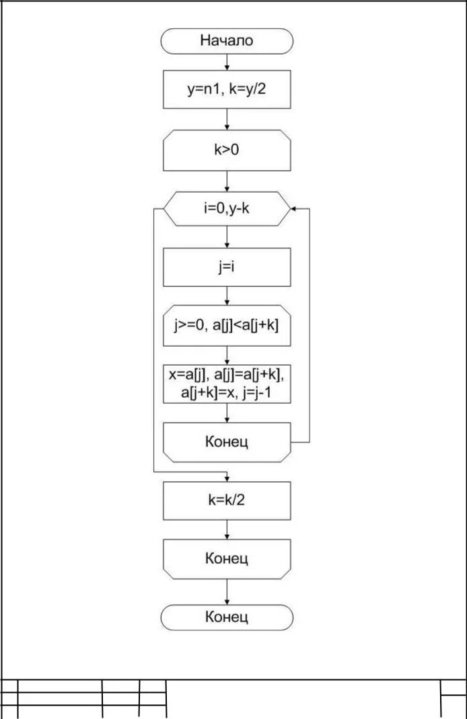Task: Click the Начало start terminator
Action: [x=227, y=40]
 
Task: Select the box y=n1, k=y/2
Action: [x=227, y=89]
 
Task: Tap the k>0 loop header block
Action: [x=227, y=150]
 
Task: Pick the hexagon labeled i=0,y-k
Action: [x=227, y=209]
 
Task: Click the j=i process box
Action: [x=227, y=267]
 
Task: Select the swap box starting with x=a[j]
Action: [x=227, y=384]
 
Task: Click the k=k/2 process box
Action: [x=227, y=501]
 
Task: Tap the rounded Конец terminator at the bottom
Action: [x=227, y=617]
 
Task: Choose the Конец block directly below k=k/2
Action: [x=227, y=558]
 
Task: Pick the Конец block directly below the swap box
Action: [x=227, y=441]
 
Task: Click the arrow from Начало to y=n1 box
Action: [x=227, y=62]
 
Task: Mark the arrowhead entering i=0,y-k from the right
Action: [x=295, y=209]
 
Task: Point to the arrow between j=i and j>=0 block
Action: [x=227, y=296]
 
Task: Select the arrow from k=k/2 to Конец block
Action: [x=227, y=530]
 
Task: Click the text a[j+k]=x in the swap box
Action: [x=205, y=393]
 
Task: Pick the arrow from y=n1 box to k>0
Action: [x=227, y=119]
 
